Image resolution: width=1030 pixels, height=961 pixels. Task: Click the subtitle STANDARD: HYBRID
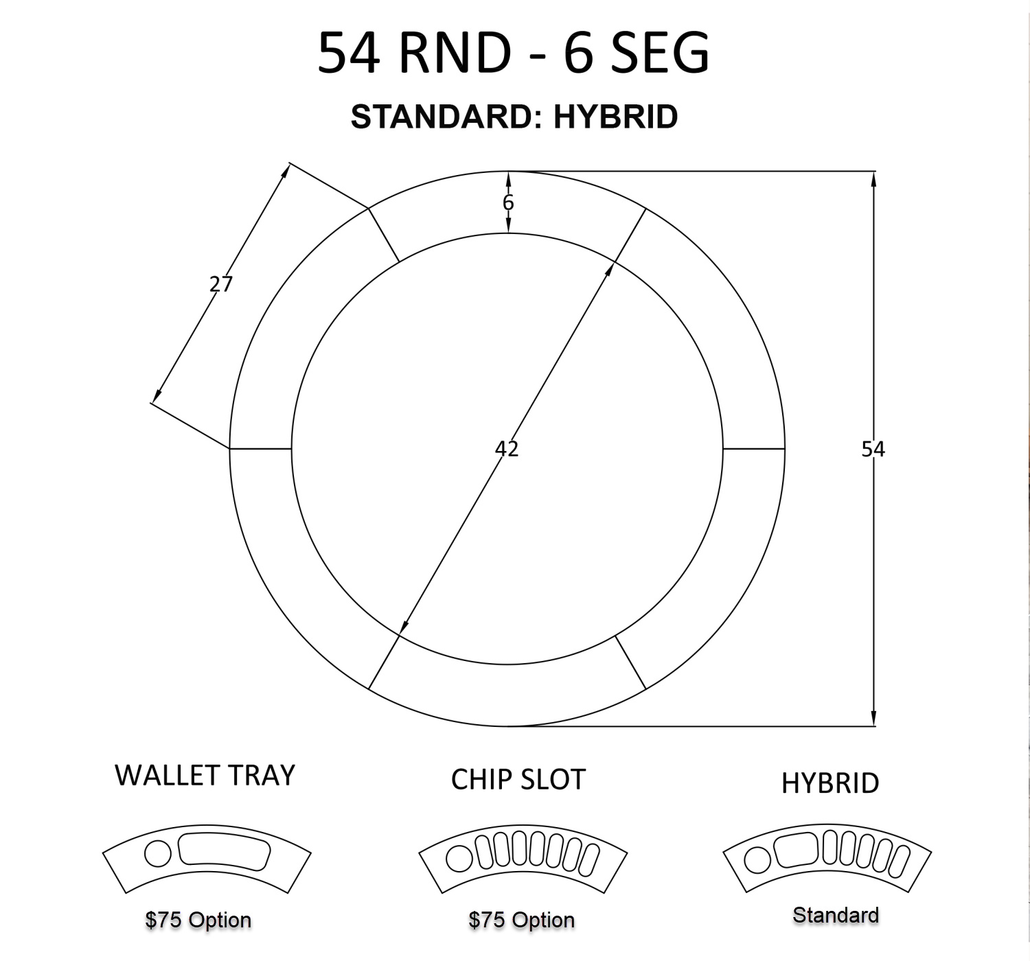pos(514,117)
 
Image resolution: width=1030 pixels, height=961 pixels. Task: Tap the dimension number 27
pos(221,283)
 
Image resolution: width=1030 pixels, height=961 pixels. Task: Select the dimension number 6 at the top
pos(508,202)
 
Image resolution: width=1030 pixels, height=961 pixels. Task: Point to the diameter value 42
pos(507,449)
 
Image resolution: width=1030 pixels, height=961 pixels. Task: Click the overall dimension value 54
pos(873,449)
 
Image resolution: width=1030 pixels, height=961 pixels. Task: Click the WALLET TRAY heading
pos(205,775)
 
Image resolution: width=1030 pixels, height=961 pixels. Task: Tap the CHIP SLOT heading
pos(518,780)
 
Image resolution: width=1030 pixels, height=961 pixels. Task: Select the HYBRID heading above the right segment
pos(830,783)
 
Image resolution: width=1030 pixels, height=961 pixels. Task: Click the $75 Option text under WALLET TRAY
pos(198,920)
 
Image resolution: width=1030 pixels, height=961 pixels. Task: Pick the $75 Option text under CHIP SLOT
pos(521,920)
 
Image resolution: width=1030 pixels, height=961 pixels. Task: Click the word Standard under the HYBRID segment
pos(836,915)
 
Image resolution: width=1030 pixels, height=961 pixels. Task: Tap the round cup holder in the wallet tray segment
pos(157,854)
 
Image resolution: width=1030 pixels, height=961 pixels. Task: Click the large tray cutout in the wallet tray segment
pos(225,850)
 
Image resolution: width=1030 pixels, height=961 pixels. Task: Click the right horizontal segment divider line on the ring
pos(753,449)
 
